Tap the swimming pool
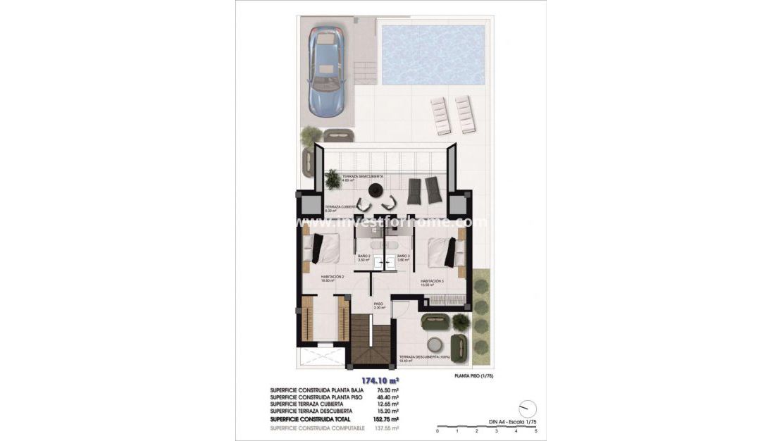pos(432,55)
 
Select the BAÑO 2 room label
pos(364,256)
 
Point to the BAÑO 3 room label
pos(402,256)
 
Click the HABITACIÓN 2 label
pos(332,277)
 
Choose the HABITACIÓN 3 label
pos(432,281)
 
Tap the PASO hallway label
pos(378,304)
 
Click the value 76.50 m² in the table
pos(388,390)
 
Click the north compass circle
pos(526,409)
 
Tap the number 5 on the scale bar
pos(536,430)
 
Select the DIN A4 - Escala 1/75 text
pos(512,421)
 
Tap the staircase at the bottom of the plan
pos(370,342)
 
